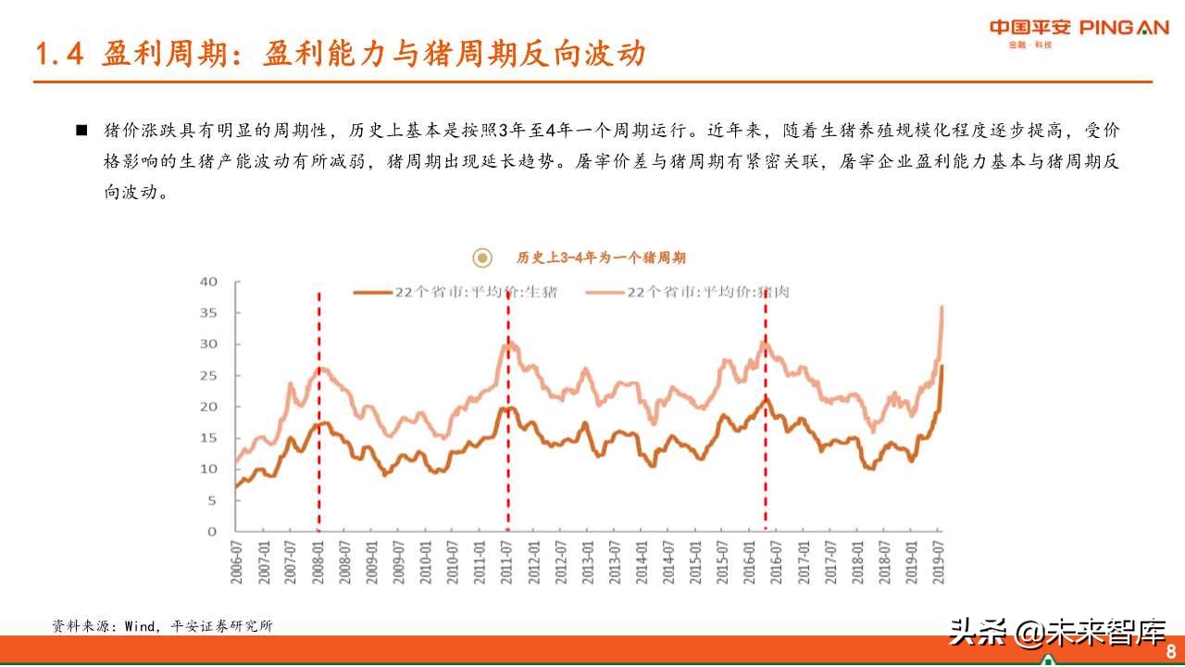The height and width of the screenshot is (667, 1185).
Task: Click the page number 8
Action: coord(1170,649)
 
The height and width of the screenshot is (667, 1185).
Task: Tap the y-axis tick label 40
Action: coord(208,281)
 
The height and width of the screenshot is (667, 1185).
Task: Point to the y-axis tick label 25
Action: coord(208,375)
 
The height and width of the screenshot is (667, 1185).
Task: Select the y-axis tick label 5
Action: coord(212,500)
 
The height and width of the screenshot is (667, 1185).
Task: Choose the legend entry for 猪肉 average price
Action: coord(685,292)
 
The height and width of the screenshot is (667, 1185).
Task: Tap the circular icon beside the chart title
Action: coord(481,258)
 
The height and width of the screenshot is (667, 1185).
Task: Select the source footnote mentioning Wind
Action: coord(163,626)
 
